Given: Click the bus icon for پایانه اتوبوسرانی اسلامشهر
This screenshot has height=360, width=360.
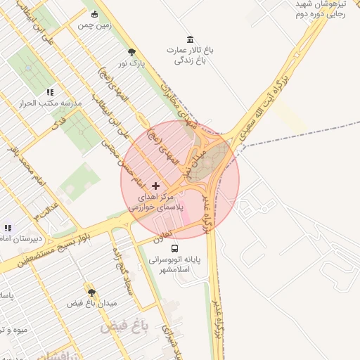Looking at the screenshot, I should (x=174, y=247).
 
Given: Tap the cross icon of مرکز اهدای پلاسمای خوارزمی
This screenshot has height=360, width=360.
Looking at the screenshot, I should (x=155, y=185).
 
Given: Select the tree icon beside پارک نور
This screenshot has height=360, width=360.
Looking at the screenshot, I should (x=131, y=51).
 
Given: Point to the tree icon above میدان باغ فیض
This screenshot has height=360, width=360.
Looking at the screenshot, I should (x=91, y=291).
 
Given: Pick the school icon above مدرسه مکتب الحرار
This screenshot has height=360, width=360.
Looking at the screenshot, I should (x=50, y=92).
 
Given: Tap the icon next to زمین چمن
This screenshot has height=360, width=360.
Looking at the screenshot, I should (x=95, y=13).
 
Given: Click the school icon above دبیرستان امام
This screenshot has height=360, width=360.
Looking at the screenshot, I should (x=8, y=228).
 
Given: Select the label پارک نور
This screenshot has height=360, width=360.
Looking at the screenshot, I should (x=131, y=63).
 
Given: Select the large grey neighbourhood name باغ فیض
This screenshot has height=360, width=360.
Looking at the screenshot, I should (x=122, y=327).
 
